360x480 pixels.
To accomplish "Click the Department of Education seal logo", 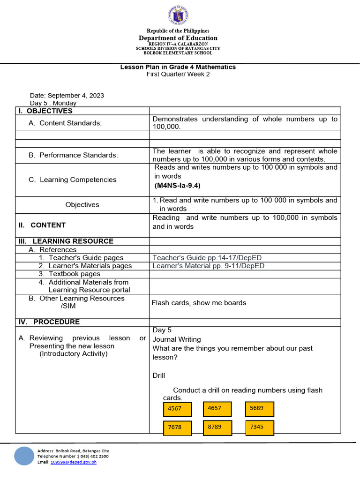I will [x=178, y=16].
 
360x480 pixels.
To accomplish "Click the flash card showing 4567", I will [x=178, y=409].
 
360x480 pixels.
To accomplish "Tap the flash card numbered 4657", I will [x=217, y=409].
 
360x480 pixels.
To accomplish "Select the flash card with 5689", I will [x=259, y=409].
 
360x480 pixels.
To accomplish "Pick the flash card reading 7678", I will [x=178, y=427].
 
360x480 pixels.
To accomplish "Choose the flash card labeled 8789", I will [x=217, y=427].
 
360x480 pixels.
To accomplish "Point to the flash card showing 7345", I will [x=259, y=427].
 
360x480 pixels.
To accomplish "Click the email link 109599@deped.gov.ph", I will [x=73, y=462].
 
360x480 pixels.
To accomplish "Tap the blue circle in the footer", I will [x=24, y=456].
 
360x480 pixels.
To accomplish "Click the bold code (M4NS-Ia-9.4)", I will [x=178, y=186].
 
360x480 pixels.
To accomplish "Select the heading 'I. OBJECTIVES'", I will [x=45, y=111].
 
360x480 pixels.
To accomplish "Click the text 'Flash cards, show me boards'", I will [x=199, y=303].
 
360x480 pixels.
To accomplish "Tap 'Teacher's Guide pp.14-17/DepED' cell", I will [x=208, y=258].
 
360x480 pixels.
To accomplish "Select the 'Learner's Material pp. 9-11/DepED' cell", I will [x=208, y=266].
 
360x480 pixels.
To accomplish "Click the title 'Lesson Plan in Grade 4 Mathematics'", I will [x=178, y=67].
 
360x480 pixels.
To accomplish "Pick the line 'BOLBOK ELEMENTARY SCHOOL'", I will [x=178, y=53].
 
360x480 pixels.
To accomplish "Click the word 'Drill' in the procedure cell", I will [x=159, y=375].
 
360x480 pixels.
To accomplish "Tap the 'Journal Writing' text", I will [x=176, y=339].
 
